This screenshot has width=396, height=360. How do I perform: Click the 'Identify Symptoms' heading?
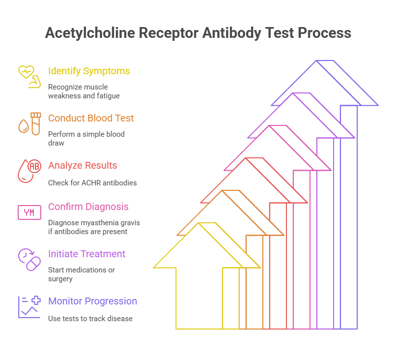[x=89, y=71]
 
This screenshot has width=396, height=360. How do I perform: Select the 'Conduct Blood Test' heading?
[x=91, y=119]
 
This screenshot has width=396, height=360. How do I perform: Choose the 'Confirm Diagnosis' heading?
[x=88, y=207]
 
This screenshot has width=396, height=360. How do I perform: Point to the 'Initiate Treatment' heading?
[x=86, y=254]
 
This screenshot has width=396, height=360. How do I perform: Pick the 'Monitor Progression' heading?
[x=92, y=301]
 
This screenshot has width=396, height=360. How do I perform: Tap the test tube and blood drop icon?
[x=29, y=123]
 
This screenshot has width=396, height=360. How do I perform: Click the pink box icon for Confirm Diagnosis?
[x=29, y=212]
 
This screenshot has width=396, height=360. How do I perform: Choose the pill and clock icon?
[x=29, y=259]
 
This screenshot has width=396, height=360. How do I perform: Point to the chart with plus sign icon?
[x=29, y=306]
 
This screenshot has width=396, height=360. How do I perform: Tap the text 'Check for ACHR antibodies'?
[x=92, y=183]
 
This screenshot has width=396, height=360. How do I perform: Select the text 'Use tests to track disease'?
[x=90, y=319]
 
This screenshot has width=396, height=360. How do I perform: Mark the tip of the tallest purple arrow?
[x=317, y=60]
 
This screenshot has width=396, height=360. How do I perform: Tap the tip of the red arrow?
[x=246, y=158]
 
